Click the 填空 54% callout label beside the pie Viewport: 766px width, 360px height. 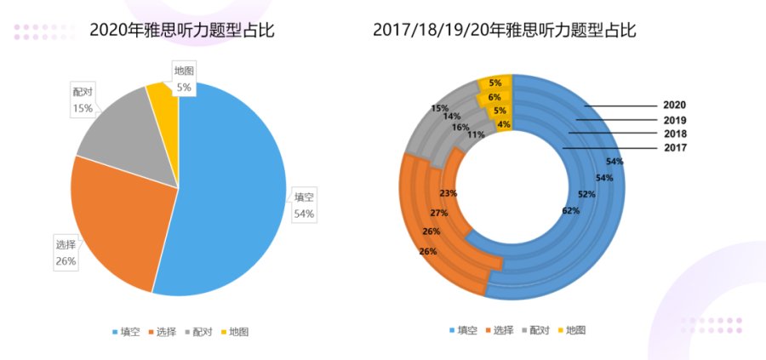(x=304, y=205)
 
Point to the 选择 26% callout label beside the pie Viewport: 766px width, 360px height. (x=66, y=253)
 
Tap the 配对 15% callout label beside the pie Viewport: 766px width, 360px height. (x=83, y=100)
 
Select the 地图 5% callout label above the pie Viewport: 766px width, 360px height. (x=183, y=78)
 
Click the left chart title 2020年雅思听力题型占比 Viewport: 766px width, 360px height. (x=182, y=31)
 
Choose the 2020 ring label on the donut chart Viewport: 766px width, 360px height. (x=674, y=106)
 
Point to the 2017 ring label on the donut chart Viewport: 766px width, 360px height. (x=674, y=148)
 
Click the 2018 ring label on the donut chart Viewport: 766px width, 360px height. (x=674, y=134)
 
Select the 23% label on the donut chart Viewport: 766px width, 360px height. (x=449, y=193)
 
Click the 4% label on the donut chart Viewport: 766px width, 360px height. (x=504, y=124)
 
